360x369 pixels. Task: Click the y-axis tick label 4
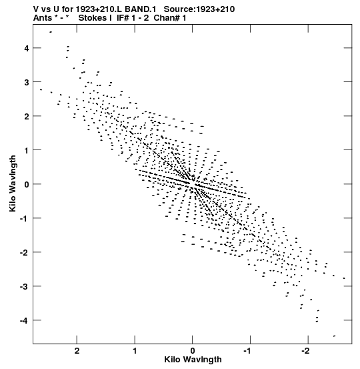27,49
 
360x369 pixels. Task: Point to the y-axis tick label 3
27,82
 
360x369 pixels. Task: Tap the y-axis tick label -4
25,320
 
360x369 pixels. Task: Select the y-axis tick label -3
25,287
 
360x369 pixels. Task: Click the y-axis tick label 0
27,184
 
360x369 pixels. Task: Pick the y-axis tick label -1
25,219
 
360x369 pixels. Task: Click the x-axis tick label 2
77,351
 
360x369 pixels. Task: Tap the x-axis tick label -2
306,351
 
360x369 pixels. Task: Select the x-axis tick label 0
193,351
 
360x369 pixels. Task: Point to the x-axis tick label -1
248,351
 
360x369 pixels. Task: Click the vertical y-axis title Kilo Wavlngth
13,183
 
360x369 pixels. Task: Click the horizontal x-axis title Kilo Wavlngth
193,360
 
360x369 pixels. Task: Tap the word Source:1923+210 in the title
199,9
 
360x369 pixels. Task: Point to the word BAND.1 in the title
141,9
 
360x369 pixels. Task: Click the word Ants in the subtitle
43,18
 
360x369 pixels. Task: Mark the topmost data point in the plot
51,32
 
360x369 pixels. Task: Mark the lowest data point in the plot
335,336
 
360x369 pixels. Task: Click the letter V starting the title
36,9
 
